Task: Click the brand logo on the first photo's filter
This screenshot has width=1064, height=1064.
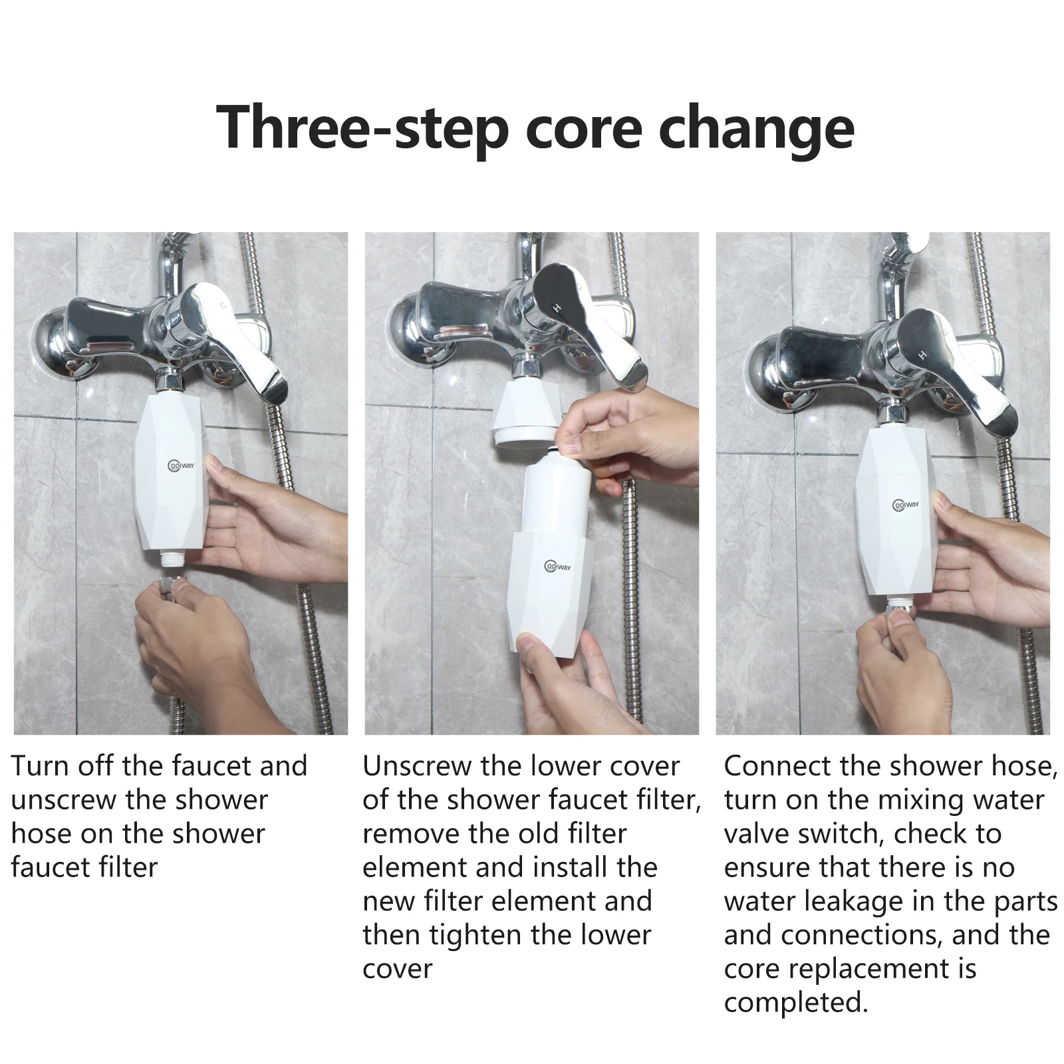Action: (180, 465)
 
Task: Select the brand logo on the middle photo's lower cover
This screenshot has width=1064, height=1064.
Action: (558, 566)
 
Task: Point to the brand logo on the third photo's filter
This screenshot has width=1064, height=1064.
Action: (906, 505)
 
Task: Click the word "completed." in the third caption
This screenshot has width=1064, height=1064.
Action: (796, 1002)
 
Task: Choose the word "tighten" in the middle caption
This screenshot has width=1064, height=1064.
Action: (475, 936)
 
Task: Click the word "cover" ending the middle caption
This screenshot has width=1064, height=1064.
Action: (398, 969)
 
